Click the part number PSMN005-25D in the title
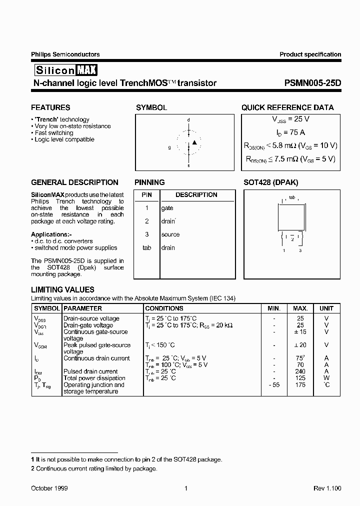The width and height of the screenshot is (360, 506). point(310,83)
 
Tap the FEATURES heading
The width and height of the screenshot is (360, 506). point(50,107)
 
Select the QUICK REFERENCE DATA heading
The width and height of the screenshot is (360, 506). point(287,107)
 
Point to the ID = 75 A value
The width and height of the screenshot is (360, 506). point(290,132)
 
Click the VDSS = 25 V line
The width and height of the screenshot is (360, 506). point(290,119)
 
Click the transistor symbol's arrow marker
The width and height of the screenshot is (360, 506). point(195,143)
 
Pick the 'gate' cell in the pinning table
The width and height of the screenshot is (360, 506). point(167,208)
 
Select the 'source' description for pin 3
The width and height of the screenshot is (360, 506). point(170,234)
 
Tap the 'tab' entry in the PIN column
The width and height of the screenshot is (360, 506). point(146,248)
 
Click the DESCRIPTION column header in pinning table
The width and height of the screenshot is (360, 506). point(196,195)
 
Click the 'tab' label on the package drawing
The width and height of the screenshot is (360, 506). point(292,197)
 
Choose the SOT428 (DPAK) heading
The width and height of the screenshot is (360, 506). point(270,182)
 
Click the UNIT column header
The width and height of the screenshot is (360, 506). point(326,308)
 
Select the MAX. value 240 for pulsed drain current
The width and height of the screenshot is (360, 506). point(300,371)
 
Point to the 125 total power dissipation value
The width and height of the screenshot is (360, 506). point(300,378)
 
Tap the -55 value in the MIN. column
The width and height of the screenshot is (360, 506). point(273,385)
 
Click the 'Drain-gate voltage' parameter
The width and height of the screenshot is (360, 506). point(88,325)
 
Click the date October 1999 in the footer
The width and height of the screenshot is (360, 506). point(49,488)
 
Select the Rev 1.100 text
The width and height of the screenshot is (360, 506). point(327,488)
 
